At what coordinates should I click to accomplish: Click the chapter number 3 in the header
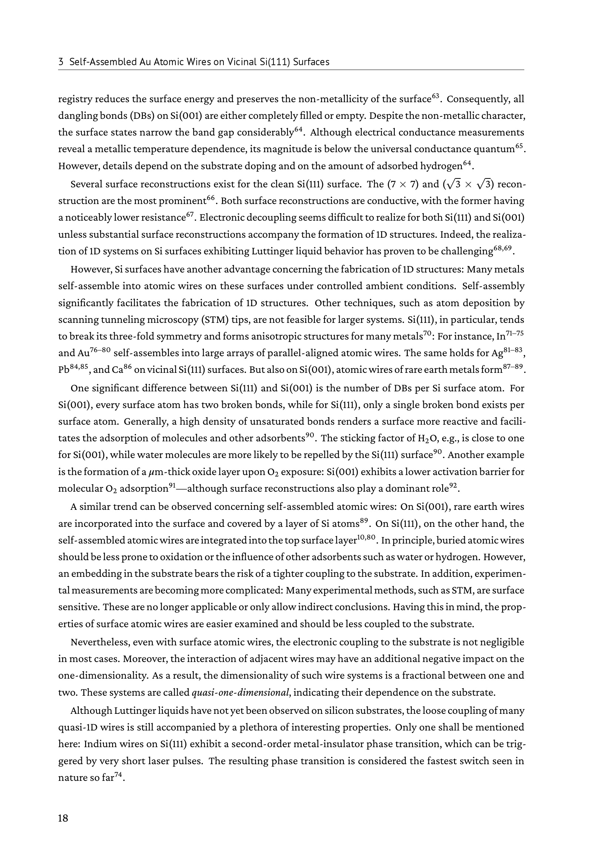coord(61,62)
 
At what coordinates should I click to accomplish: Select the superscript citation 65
coord(519,146)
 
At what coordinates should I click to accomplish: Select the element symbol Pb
coord(64,370)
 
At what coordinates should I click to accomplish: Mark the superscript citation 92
coord(454,485)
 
